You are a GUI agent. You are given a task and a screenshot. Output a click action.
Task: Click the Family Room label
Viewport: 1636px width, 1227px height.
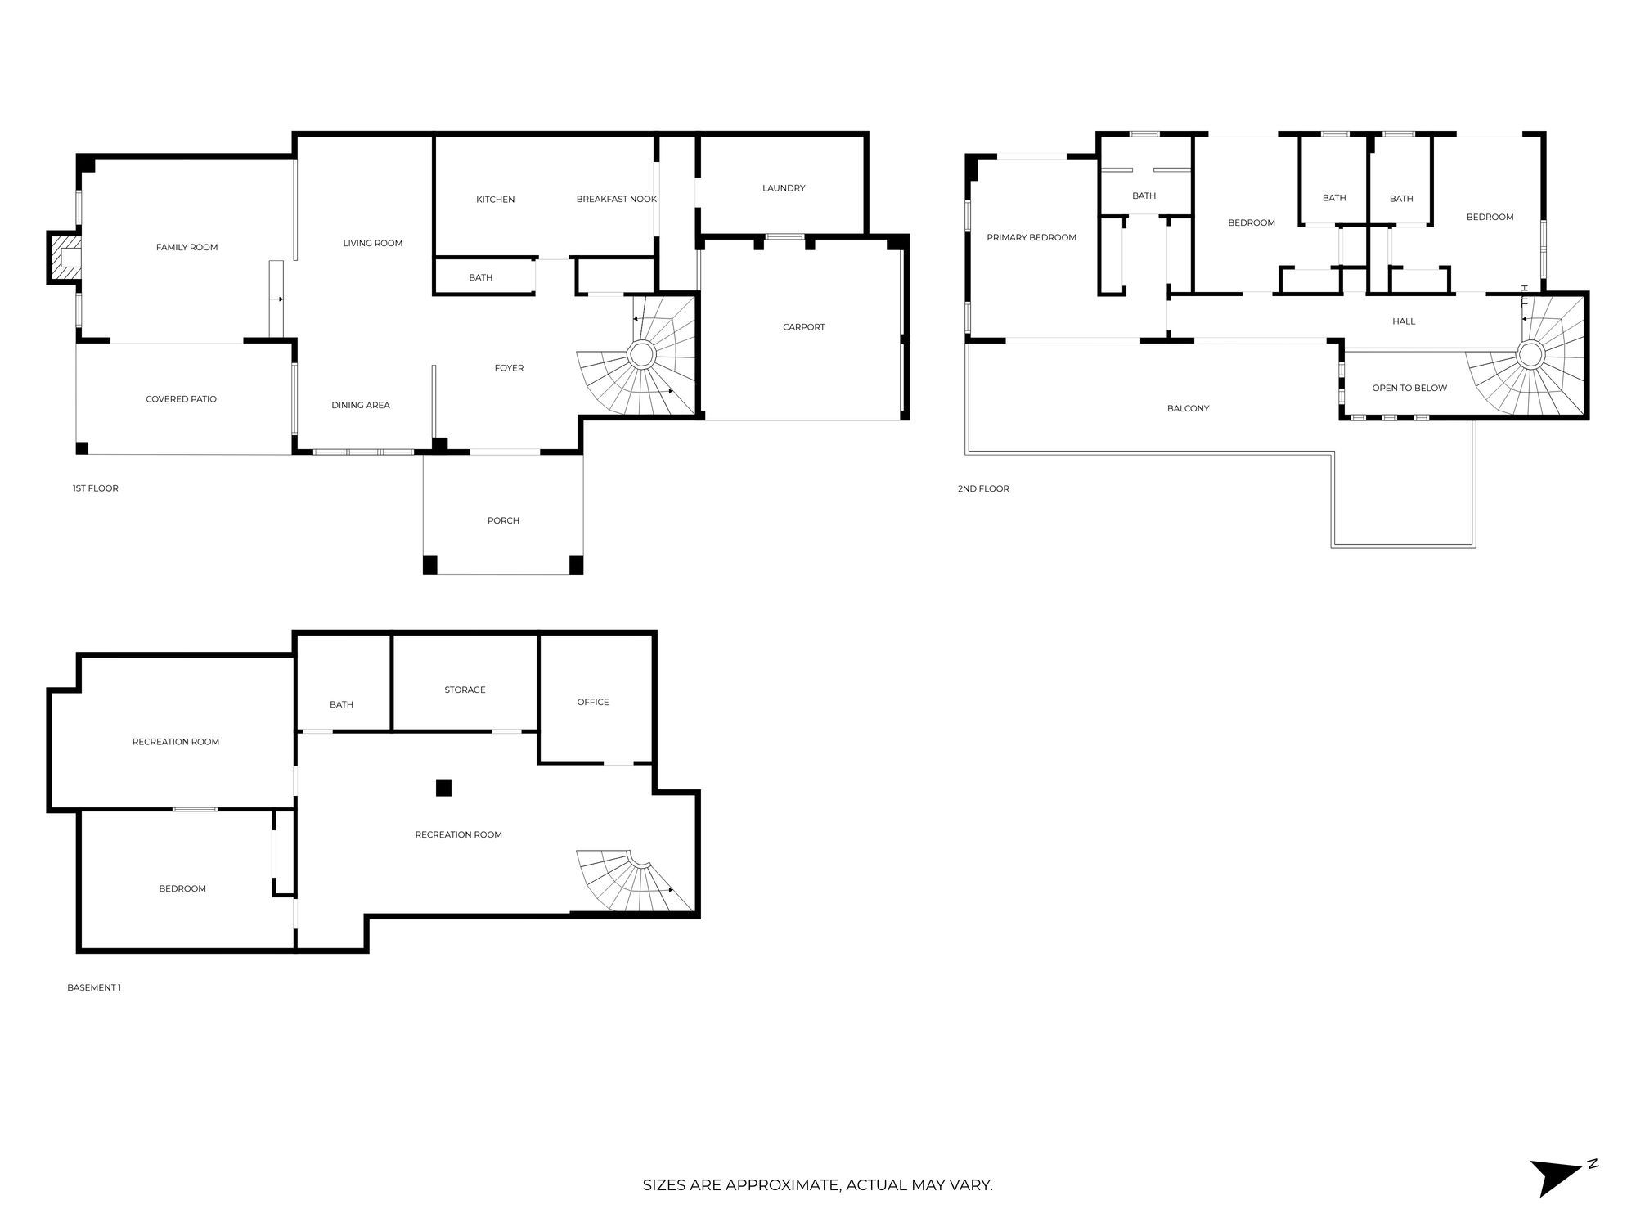[x=187, y=247]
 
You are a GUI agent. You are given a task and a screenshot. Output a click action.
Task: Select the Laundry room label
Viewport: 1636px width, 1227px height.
[x=784, y=188]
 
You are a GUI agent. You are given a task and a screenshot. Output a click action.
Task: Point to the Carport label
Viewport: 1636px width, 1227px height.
[x=803, y=327]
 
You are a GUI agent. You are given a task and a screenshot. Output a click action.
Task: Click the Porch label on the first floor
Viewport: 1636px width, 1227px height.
[x=503, y=520]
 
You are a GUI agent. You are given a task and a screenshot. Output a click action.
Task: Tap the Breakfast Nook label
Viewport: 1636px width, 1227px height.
[x=616, y=200]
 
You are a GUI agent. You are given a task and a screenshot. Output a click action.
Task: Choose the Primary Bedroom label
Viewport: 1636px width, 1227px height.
[x=1031, y=238]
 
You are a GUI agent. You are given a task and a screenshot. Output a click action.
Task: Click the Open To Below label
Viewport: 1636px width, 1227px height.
[x=1409, y=388]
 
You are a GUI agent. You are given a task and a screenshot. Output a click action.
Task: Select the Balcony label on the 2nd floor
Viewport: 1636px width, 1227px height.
[x=1188, y=408]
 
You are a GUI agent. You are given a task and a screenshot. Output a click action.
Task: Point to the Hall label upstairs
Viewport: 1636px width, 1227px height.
[x=1404, y=321]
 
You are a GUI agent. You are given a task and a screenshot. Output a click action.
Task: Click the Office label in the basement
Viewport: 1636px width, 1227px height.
[x=593, y=702]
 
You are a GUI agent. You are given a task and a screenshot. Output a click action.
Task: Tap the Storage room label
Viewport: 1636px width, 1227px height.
[x=465, y=690]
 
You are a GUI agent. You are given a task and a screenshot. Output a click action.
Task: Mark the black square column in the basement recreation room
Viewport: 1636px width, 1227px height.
[x=443, y=788]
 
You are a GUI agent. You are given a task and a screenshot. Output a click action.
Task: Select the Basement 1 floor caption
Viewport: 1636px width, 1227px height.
[x=94, y=987]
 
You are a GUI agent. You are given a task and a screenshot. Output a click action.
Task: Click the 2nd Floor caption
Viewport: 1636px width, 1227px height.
[x=983, y=488]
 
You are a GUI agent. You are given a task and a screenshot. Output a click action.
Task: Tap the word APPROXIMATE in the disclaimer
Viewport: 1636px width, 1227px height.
[x=782, y=1185]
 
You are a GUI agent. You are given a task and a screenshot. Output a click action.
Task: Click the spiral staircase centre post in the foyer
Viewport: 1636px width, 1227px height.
[x=641, y=355]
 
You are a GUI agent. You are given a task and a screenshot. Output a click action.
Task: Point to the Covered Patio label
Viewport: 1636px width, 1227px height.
[x=181, y=399]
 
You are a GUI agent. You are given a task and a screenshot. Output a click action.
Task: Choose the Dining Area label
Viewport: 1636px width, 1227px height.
[x=361, y=405]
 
